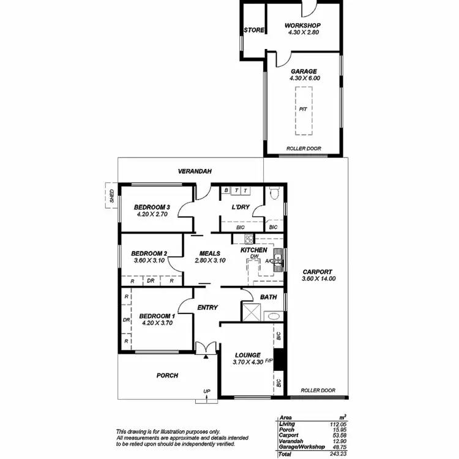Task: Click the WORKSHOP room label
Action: [303, 25]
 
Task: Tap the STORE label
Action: [253, 30]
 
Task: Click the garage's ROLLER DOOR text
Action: [304, 149]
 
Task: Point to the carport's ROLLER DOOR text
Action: [318, 390]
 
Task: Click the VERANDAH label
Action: [195, 172]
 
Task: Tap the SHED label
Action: [111, 196]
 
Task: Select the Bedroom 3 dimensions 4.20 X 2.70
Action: [152, 215]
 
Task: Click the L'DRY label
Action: [240, 207]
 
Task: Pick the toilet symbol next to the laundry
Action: [274, 194]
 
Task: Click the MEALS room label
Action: [210, 253]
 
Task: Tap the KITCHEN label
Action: [253, 250]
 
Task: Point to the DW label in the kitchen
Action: [246, 256]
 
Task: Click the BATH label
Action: [269, 297]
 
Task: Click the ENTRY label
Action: [207, 307]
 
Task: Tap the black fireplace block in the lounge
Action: [279, 359]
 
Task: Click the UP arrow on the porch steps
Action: [207, 397]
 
